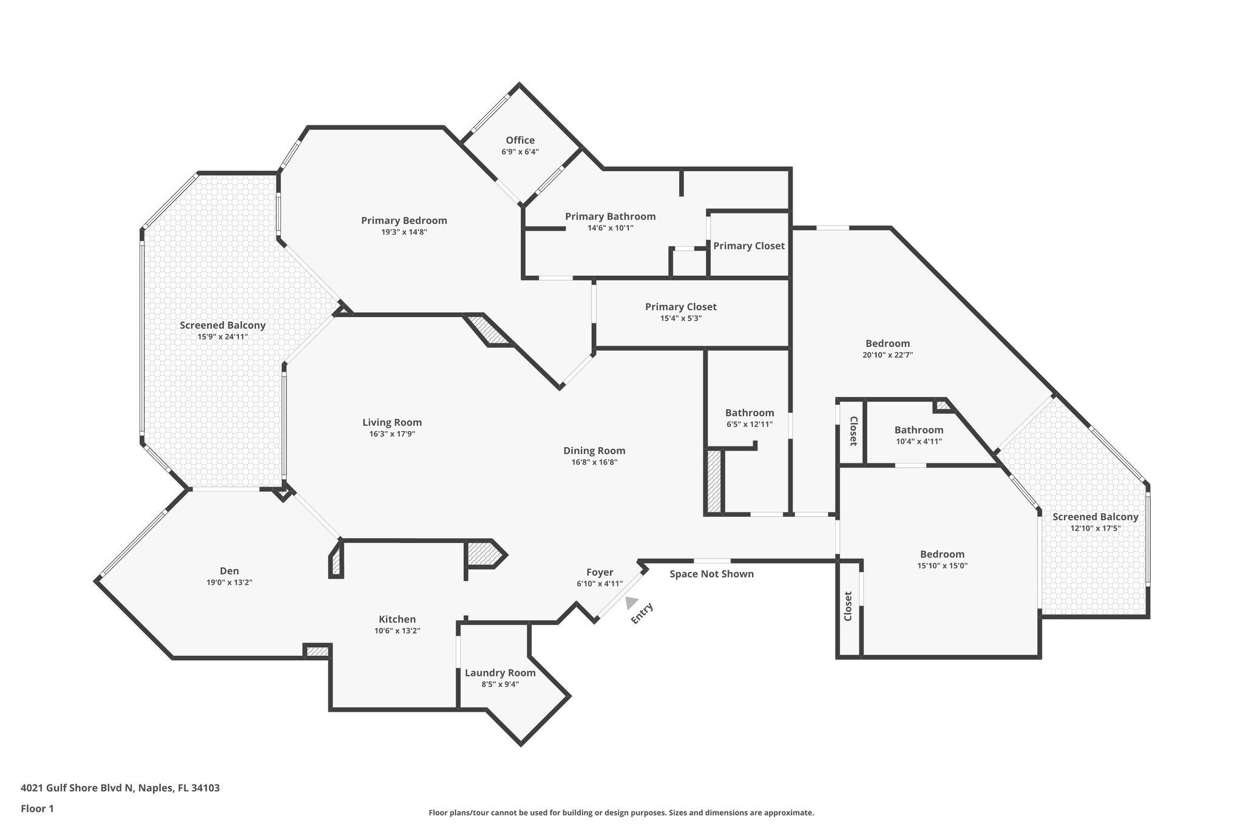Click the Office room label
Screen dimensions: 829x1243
click(520, 140)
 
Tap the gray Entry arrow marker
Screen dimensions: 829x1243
click(631, 602)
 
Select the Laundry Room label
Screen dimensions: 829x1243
click(500, 672)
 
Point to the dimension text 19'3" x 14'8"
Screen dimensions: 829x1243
click(404, 232)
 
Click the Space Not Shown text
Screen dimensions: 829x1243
click(711, 574)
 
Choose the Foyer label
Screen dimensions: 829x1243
click(600, 572)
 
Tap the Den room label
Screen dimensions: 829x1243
click(229, 571)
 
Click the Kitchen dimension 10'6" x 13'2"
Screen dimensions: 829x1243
click(397, 630)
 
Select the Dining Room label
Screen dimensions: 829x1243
click(594, 451)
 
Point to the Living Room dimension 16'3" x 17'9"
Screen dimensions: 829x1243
click(392, 434)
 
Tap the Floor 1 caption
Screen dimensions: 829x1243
click(38, 808)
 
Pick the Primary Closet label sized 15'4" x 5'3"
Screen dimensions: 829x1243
click(680, 307)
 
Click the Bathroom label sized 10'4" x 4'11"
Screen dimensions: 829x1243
click(918, 430)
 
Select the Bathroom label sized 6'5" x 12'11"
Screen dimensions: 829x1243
click(750, 413)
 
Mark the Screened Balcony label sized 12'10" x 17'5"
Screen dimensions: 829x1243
click(1095, 517)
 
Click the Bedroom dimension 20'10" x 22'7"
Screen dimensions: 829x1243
click(887, 355)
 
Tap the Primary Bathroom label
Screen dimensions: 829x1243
click(610, 216)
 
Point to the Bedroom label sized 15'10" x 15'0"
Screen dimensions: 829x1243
click(942, 554)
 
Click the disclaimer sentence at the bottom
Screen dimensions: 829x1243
click(621, 813)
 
